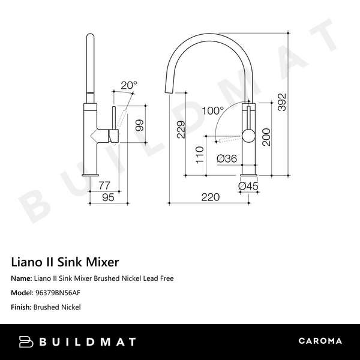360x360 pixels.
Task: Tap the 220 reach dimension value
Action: pos(211,196)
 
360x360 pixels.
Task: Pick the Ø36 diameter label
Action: pos(226,158)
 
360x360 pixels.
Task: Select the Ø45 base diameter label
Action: pos(248,186)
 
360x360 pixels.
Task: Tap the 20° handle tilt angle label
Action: pos(128,85)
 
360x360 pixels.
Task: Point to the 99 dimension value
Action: pos(139,127)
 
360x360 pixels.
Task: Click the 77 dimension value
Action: pos(104,185)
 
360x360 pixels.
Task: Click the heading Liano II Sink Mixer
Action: pos(65,262)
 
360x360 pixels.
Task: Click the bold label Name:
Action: pos(22,278)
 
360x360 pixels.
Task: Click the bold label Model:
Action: pos(23,293)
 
